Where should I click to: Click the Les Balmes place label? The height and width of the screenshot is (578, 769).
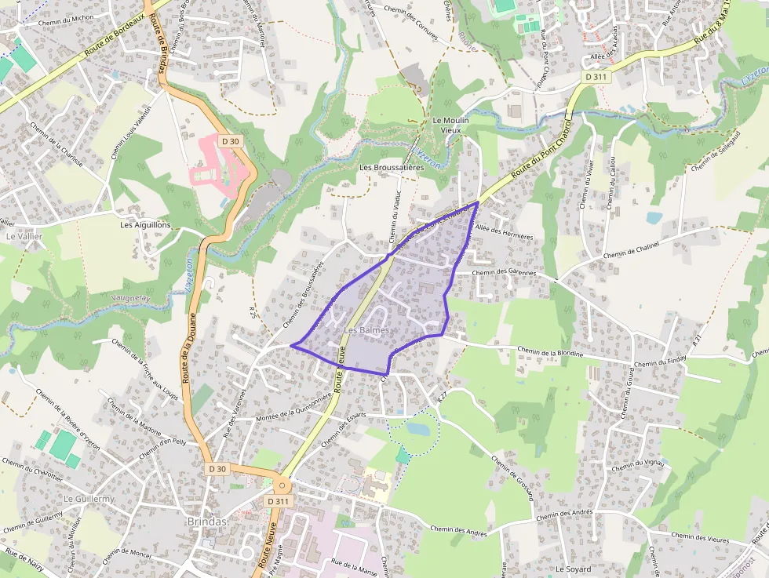(366, 331)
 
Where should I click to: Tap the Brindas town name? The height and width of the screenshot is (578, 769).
(207, 522)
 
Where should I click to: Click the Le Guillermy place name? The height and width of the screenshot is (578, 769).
(89, 499)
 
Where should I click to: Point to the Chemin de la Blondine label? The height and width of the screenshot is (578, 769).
(551, 352)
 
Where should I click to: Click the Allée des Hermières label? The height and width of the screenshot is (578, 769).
(505, 236)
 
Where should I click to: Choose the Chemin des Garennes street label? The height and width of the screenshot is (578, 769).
(505, 272)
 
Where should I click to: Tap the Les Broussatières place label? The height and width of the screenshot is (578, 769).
(392, 168)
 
